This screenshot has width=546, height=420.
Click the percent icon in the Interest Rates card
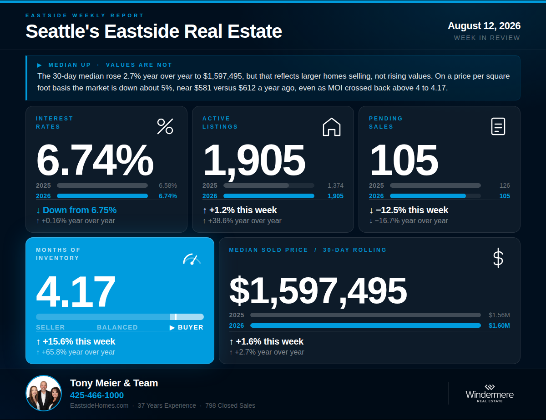165,126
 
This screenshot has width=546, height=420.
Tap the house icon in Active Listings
331,127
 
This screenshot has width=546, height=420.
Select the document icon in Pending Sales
498,126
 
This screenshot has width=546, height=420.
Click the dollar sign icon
498,258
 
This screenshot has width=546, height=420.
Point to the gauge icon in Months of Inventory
192,259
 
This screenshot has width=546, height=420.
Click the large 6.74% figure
95,160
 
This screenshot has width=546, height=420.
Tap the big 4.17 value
76,291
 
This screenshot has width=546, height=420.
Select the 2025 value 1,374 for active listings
335,185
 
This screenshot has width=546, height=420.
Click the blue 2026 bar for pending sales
428,196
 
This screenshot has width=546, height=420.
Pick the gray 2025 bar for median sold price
365,315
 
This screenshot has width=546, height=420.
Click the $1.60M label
499,325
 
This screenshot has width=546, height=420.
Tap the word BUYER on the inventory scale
191,327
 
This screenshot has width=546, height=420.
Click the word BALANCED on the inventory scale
117,327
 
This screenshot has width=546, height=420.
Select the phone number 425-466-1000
97,395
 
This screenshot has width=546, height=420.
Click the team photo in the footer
44,393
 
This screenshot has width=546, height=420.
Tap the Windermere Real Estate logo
490,393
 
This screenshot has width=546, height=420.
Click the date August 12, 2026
484,26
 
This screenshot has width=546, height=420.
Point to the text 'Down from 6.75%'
80,210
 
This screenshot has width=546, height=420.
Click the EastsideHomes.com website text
99,405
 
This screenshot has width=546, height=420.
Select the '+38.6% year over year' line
245,220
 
